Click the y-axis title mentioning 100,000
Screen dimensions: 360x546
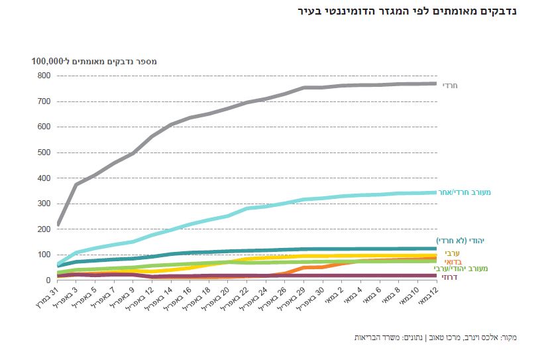93,61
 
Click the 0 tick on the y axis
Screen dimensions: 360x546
48,280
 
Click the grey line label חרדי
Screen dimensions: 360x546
450,85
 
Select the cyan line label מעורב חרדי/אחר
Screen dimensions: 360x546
473,192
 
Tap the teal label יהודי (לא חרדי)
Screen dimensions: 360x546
468,241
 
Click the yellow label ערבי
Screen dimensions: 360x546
452,253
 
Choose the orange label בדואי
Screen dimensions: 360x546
451,261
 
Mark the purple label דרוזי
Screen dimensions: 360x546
450,277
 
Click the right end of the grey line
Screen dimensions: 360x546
435,84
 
